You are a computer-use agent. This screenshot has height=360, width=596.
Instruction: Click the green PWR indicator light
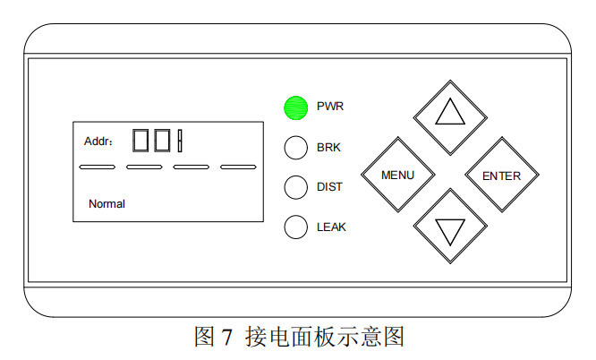pos(296,107)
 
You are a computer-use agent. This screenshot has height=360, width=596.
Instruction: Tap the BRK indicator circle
pos(296,148)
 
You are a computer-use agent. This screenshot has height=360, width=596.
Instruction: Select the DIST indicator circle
pos(296,187)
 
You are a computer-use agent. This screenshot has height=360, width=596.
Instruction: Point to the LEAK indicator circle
pos(296,227)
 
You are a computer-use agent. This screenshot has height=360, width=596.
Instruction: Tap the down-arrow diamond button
pos(450,228)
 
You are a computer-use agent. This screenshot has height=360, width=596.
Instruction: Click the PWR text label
pos(330,107)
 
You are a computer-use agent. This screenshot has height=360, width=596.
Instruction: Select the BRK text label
pos(328,147)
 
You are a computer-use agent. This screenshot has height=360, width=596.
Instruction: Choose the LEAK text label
pos(331,227)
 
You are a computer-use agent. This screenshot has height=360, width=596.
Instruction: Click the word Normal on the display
pos(106,204)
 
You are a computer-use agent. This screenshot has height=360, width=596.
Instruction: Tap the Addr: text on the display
pos(98,141)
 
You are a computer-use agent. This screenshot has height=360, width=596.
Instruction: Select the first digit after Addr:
pos(140,141)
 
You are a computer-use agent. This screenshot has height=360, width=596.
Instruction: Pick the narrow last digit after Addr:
pos(180,141)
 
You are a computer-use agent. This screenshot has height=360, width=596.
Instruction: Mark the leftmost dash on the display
pos(97,167)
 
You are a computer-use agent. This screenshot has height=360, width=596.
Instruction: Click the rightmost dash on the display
pos(238,167)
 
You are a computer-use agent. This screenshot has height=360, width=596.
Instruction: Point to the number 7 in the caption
pos(227,338)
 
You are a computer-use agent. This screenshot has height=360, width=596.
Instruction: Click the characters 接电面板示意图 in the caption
pos(324,338)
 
